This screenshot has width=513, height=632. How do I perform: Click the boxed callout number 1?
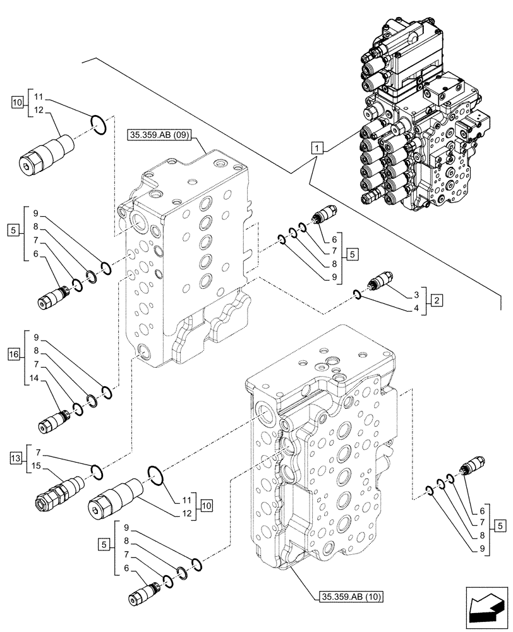pyautogui.click(x=318, y=149)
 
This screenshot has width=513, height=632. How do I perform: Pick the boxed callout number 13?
pyautogui.click(x=16, y=457)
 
